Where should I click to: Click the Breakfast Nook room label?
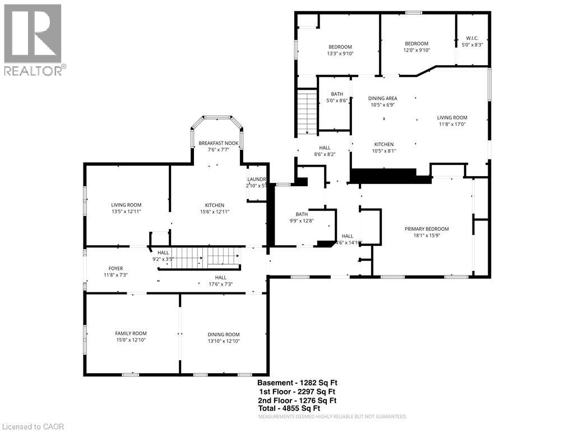(x=219, y=144)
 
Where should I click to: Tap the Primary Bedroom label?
(x=427, y=229)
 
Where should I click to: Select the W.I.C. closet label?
(x=471, y=39)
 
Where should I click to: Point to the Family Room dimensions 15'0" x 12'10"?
(x=131, y=340)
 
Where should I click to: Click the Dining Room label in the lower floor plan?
(x=223, y=334)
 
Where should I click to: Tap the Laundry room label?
(x=256, y=180)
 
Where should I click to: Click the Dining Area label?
(x=383, y=98)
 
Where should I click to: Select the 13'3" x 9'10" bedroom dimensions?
(x=340, y=53)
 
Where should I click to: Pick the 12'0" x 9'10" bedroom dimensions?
(x=416, y=50)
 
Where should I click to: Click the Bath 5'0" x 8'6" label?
(x=337, y=98)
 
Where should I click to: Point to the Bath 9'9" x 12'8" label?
(x=302, y=217)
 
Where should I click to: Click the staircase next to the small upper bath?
(x=307, y=112)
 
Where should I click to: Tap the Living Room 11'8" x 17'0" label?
(x=452, y=121)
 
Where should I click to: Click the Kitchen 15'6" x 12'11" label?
(x=214, y=208)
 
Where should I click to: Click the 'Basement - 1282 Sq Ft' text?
(x=297, y=383)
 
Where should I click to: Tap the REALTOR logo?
(x=33, y=39)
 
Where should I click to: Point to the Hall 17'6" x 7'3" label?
(x=220, y=281)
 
